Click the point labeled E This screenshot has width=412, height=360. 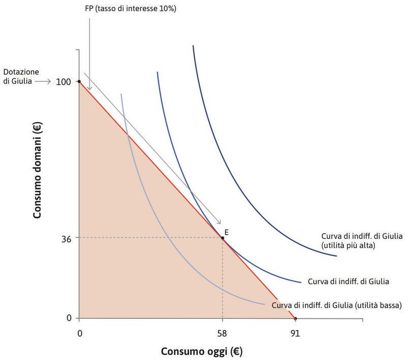click(x=222, y=238)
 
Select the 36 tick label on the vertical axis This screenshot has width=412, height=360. click(x=65, y=237)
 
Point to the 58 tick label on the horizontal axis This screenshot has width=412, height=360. click(x=222, y=334)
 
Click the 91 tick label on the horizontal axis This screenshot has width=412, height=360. click(x=295, y=334)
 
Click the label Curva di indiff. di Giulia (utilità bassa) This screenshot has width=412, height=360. click(x=337, y=306)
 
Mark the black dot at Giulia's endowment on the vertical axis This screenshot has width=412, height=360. click(x=79, y=81)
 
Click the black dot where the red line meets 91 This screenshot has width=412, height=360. click(x=295, y=318)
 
